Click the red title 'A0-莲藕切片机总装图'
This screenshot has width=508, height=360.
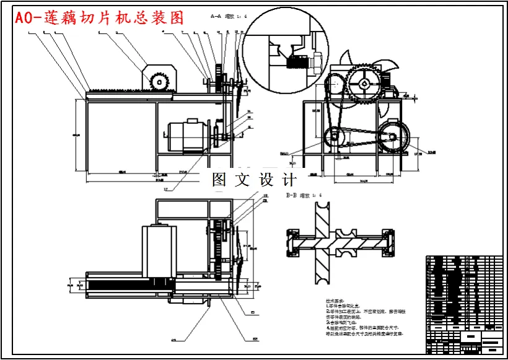[x=100, y=18]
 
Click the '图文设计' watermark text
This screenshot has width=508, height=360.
[x=254, y=180]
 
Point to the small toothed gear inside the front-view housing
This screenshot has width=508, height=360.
[x=160, y=81]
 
